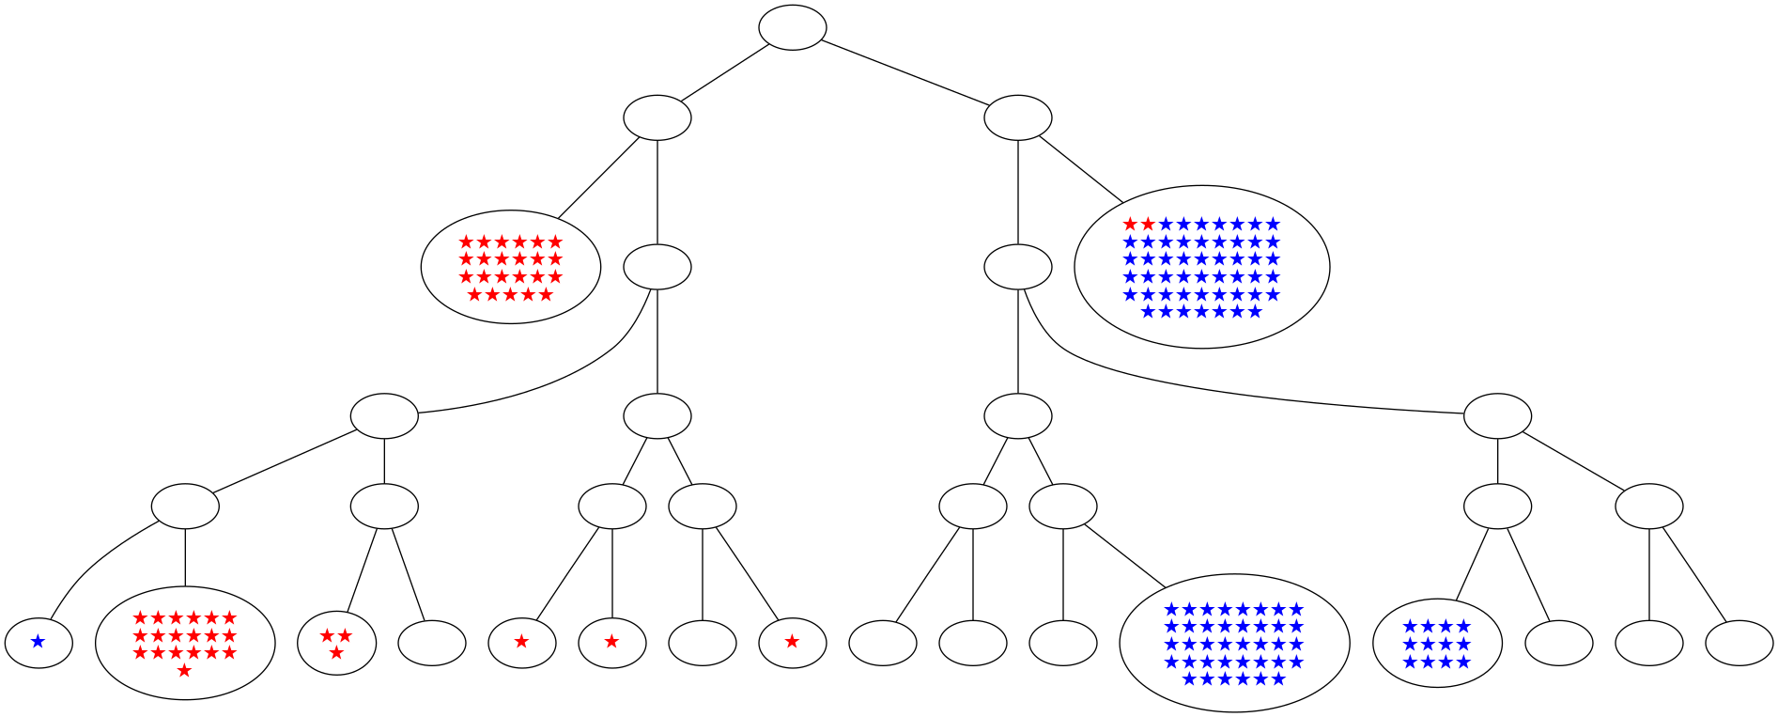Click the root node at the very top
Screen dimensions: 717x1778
click(x=792, y=27)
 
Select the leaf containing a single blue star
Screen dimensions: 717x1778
click(x=39, y=643)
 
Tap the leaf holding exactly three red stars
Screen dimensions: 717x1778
click(x=336, y=643)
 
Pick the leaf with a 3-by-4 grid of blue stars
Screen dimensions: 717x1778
click(x=1436, y=643)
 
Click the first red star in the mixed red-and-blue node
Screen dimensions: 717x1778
click(x=1130, y=225)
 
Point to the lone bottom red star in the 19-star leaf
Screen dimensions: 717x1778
click(x=185, y=670)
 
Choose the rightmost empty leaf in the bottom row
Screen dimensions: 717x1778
click(x=1739, y=643)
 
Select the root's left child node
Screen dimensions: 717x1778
click(x=657, y=117)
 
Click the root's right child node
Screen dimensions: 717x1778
click(x=1017, y=117)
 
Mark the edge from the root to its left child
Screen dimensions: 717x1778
click(x=725, y=72)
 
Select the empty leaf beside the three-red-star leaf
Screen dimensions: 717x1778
click(x=432, y=643)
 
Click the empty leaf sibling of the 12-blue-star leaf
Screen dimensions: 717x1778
click(x=1558, y=643)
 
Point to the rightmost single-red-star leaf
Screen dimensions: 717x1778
click(x=792, y=643)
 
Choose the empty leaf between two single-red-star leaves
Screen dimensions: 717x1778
click(x=702, y=643)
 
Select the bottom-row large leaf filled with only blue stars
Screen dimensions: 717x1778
click(x=1234, y=643)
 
